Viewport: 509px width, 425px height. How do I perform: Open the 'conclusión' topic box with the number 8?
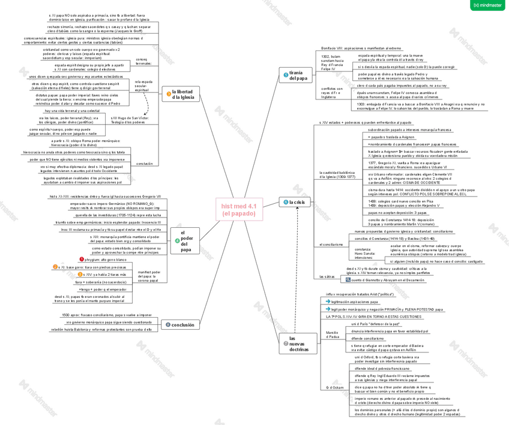click(179, 325)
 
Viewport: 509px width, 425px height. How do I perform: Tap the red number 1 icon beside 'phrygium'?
click(82, 260)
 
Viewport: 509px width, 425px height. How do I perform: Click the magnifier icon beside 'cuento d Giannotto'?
click(348, 280)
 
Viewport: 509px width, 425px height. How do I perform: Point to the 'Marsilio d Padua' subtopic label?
click(332, 334)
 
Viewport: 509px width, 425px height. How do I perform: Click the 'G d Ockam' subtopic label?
click(335, 388)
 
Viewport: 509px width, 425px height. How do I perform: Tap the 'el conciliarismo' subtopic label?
click(331, 245)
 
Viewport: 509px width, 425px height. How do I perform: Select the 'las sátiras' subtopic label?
click(327, 276)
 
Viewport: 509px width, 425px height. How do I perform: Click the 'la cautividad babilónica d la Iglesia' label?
click(333, 174)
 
